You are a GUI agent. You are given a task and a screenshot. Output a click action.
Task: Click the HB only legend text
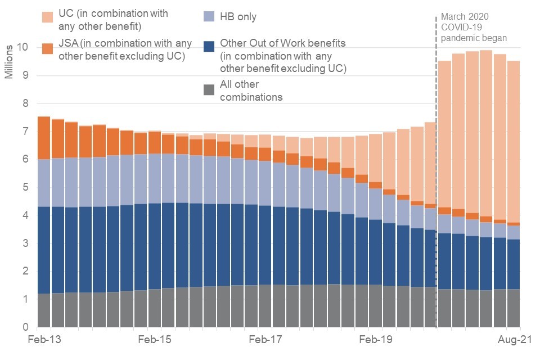coord(238,17)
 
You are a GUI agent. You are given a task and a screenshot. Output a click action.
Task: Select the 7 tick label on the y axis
coord(25,132)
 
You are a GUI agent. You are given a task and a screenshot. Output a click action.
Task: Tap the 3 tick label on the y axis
coord(25,244)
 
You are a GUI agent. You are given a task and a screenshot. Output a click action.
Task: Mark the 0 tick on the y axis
coord(25,327)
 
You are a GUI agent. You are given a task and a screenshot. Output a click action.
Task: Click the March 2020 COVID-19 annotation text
coord(474,27)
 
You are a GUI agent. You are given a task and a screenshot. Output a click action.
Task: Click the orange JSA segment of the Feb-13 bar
coord(43,138)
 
